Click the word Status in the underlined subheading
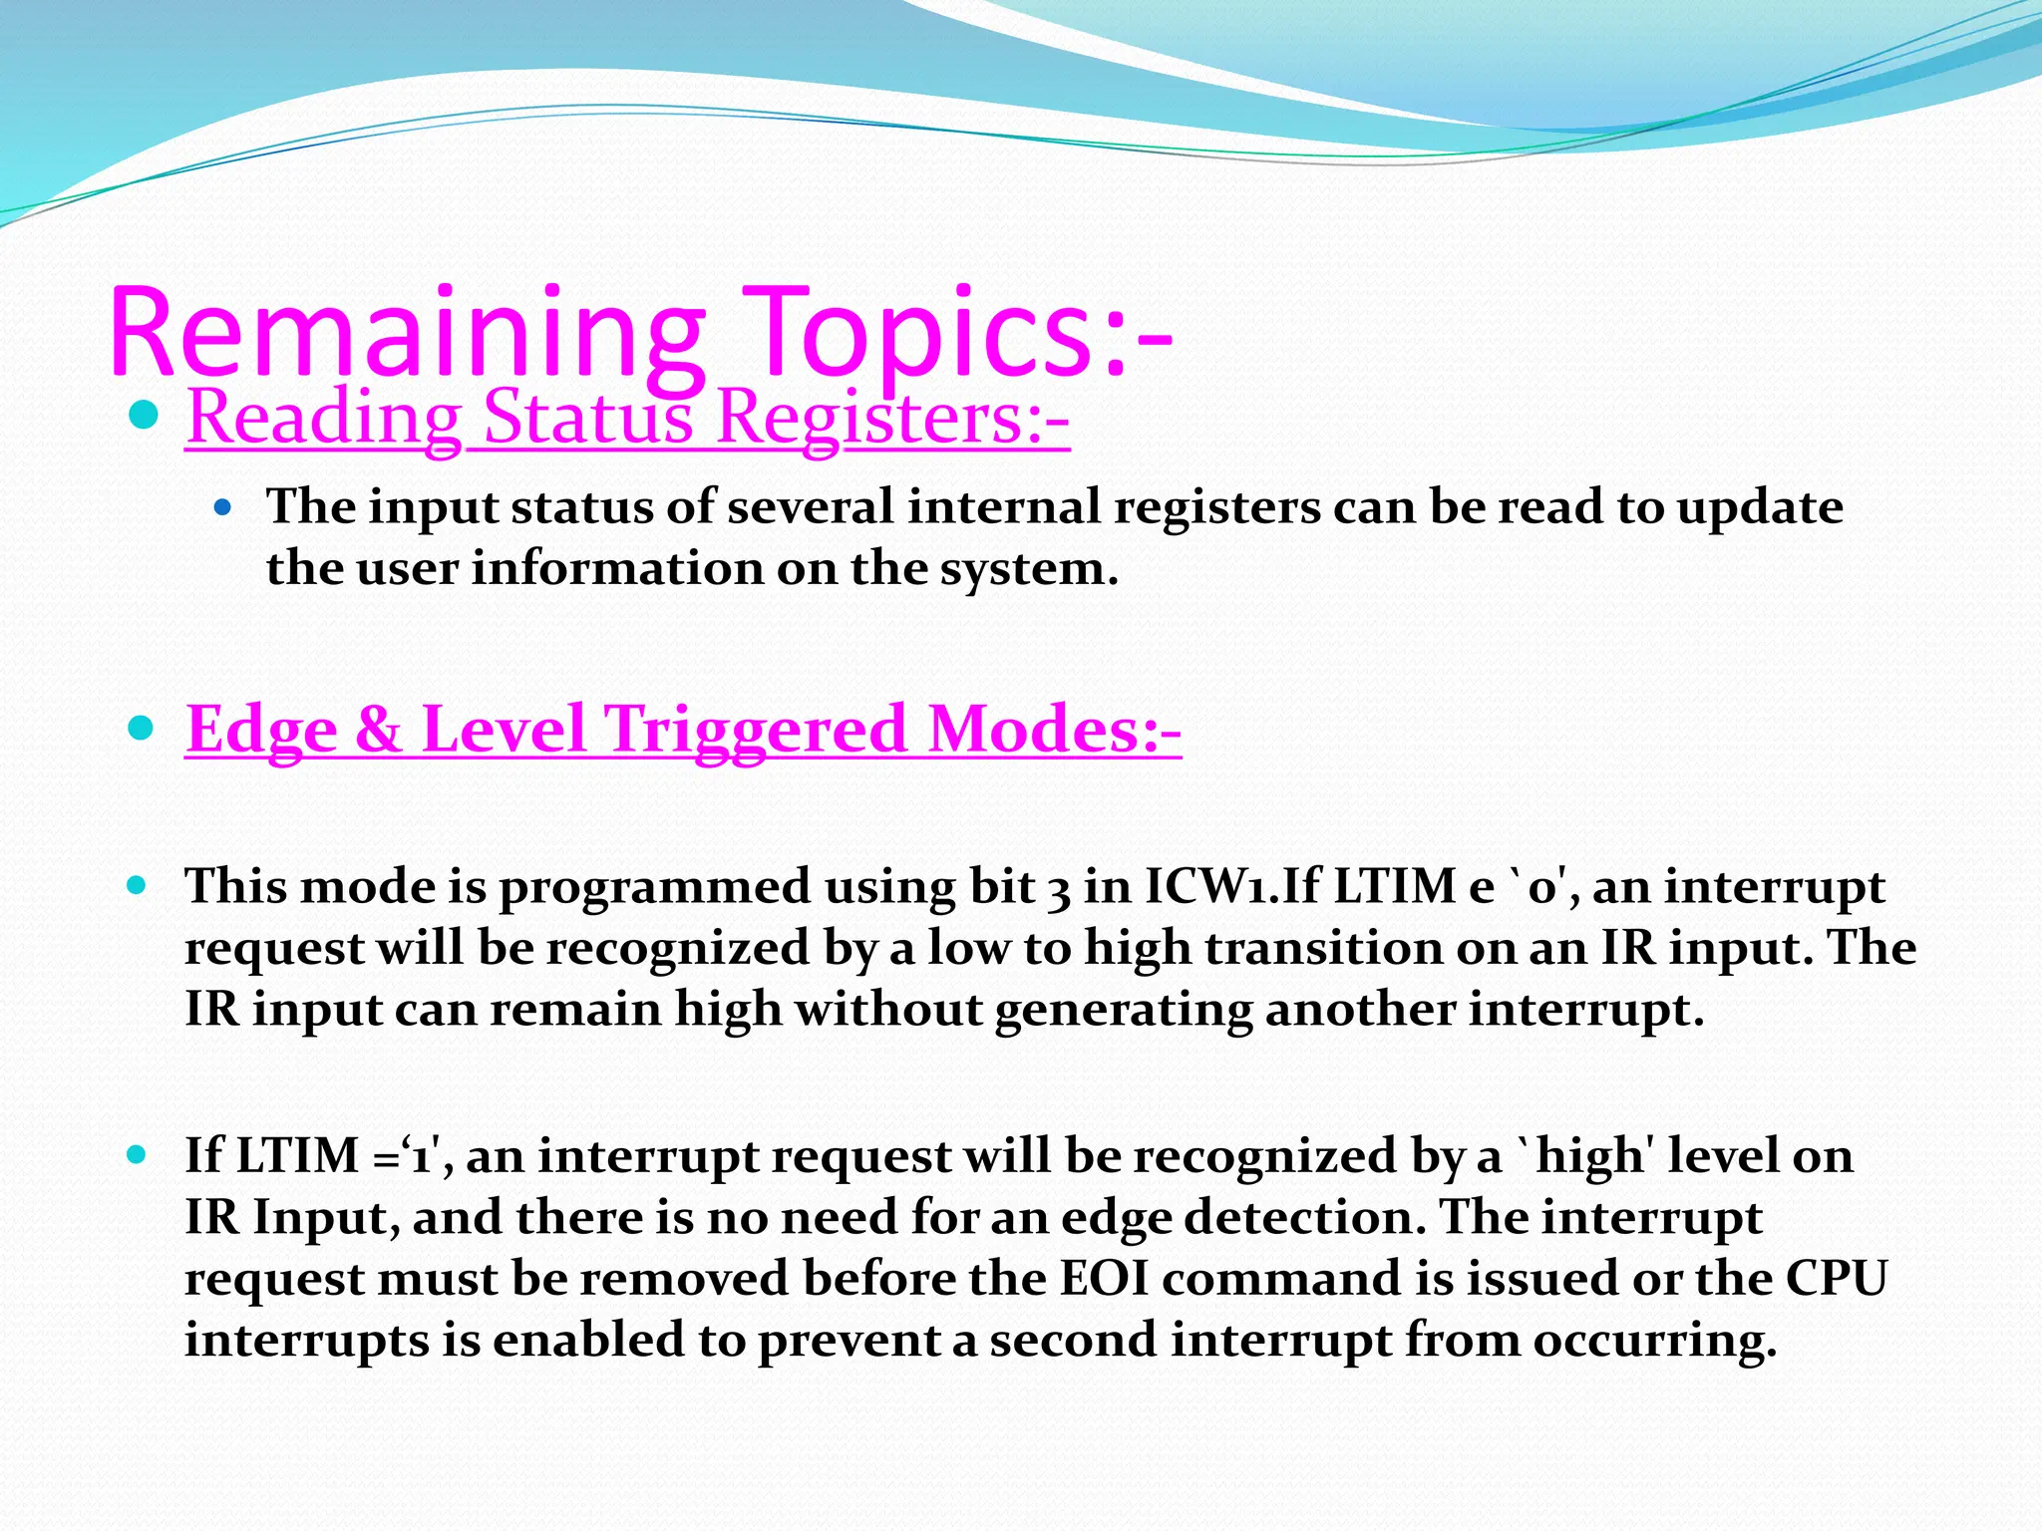pos(587,417)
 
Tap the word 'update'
pos(1759,508)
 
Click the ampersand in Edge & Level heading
pos(378,729)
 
